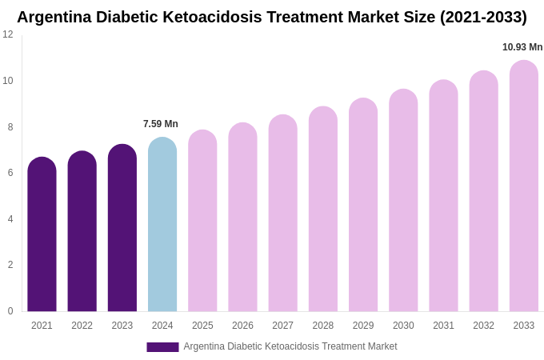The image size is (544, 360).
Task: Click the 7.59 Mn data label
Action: pyautogui.click(x=161, y=124)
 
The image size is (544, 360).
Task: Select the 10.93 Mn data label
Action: pyautogui.click(x=522, y=47)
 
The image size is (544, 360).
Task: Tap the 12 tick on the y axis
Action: pyautogui.click(x=8, y=34)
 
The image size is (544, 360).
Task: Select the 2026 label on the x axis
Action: pyautogui.click(x=242, y=326)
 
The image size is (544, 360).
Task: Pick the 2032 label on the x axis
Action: pyautogui.click(x=483, y=326)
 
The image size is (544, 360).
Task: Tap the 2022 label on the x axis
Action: pyautogui.click(x=82, y=326)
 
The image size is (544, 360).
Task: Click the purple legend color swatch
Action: pyautogui.click(x=162, y=347)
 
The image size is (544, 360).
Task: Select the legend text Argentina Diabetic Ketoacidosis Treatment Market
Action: pyautogui.click(x=290, y=346)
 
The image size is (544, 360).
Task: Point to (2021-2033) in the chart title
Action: pyautogui.click(x=483, y=17)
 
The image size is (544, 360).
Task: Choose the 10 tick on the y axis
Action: pyautogui.click(x=8, y=81)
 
